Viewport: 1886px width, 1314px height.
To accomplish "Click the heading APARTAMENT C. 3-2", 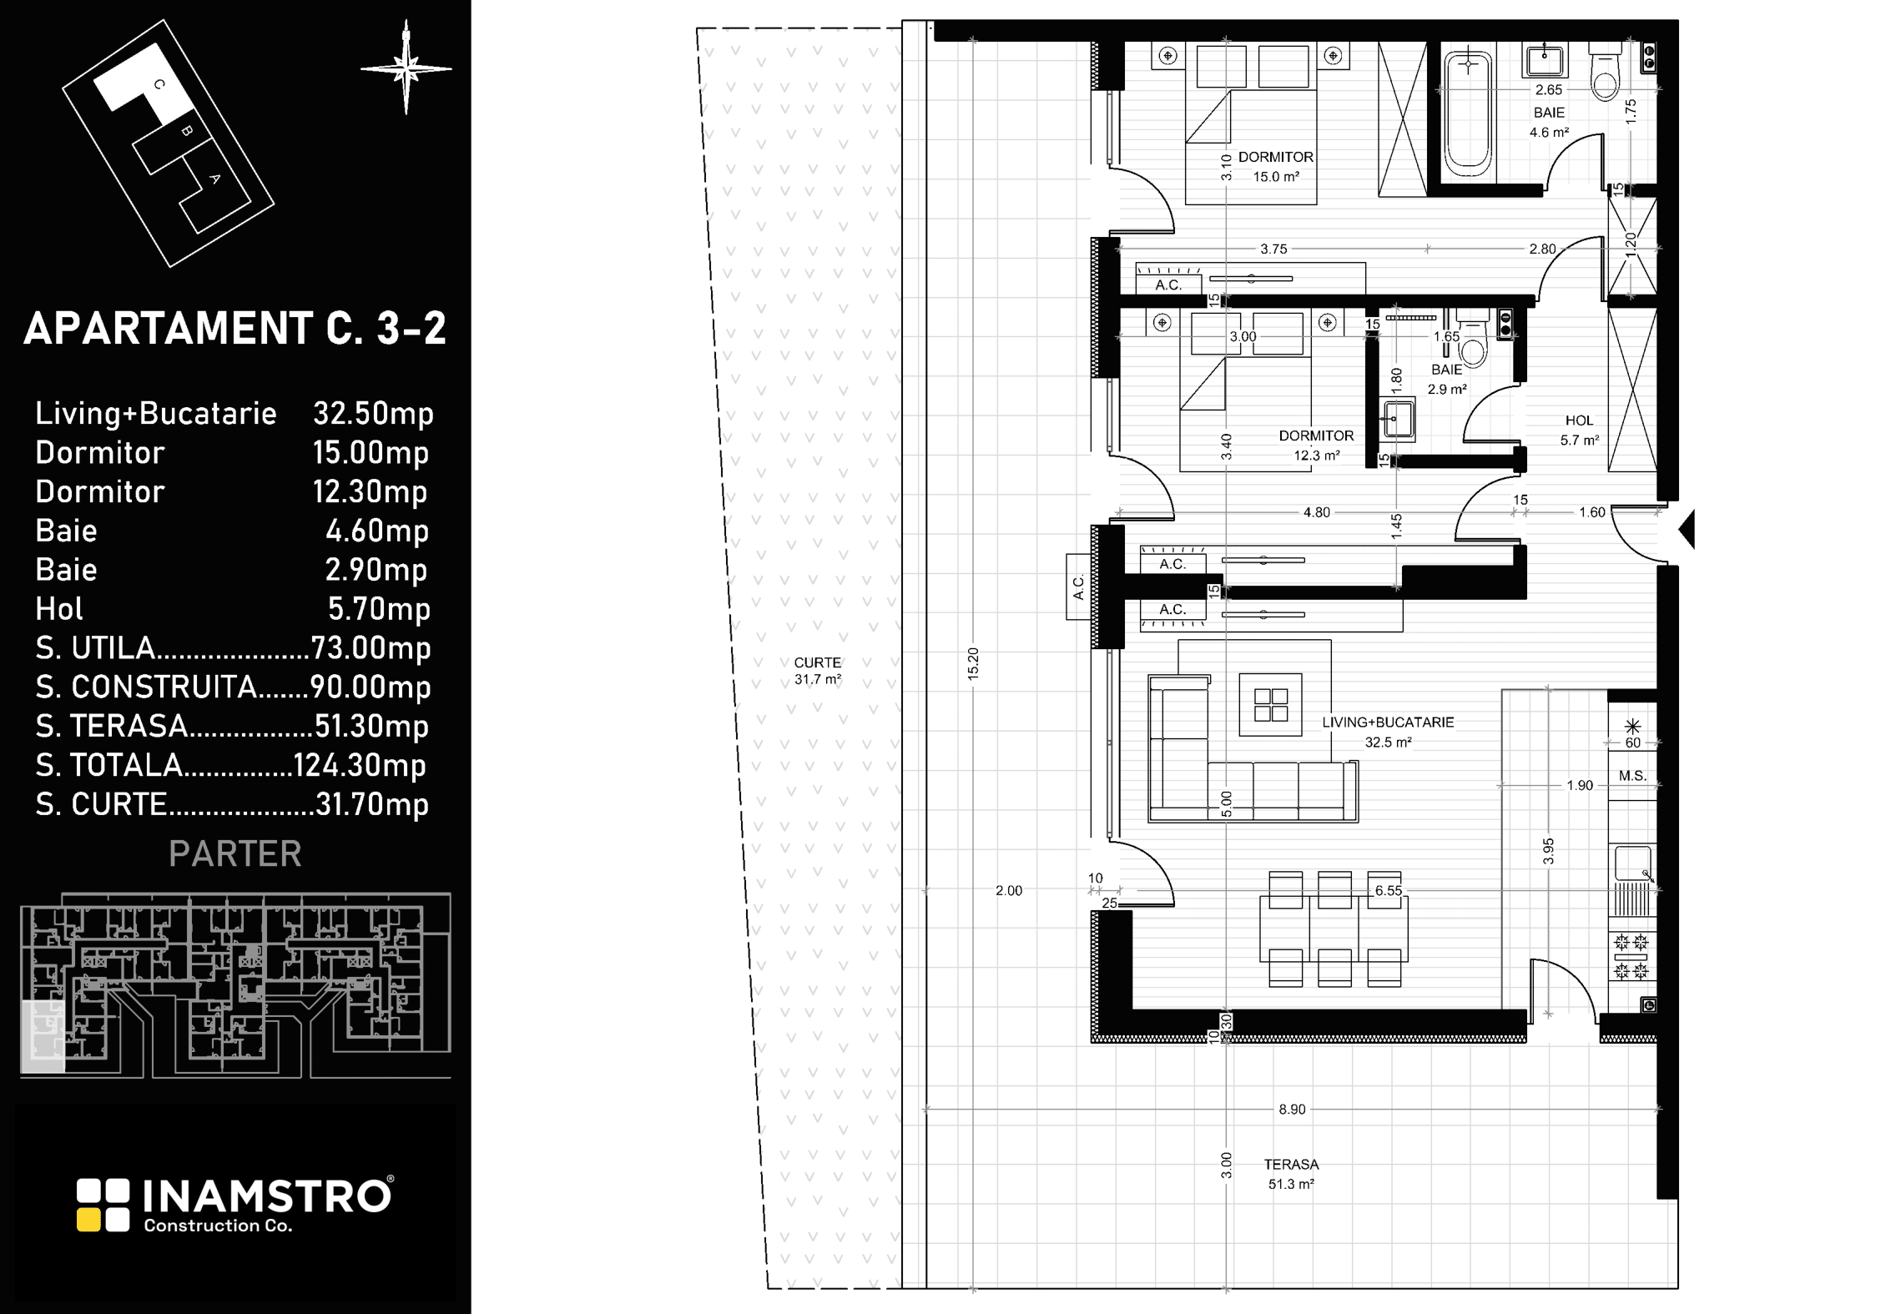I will tap(234, 329).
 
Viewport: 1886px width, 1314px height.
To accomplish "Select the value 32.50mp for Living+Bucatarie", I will tap(373, 414).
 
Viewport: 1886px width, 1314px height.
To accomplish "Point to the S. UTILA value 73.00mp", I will tap(371, 648).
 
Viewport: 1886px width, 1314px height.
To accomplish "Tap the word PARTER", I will tap(234, 854).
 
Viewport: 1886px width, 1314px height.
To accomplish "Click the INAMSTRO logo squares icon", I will tap(103, 1205).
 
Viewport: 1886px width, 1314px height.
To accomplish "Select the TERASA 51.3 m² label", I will tap(1291, 1174).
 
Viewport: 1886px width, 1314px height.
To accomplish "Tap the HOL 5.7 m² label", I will tap(1579, 430).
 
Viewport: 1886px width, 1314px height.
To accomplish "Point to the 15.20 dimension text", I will tap(973, 664).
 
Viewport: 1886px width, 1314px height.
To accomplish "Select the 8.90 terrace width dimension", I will tap(1292, 1110).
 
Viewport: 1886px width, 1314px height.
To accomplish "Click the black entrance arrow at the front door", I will tap(1687, 530).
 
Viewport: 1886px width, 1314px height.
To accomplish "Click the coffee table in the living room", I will tap(1270, 705).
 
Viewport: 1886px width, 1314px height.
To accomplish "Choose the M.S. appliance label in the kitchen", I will tap(1632, 776).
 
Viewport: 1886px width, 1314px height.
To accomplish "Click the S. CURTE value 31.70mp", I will tap(371, 805).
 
